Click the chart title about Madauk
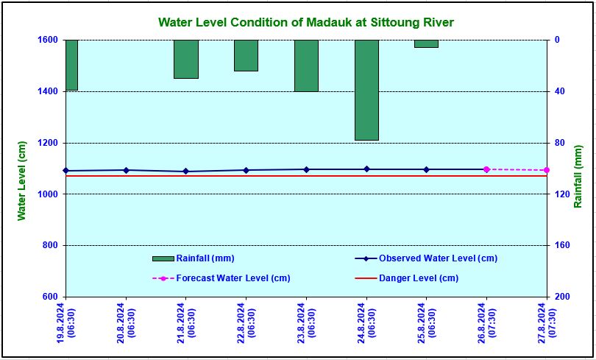tap(306, 22)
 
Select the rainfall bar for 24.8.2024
tap(367, 90)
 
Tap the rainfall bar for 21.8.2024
tap(186, 60)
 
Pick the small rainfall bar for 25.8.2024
tap(426, 43)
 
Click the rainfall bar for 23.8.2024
tap(306, 66)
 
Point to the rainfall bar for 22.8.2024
tap(246, 55)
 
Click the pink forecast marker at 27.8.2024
tap(547, 170)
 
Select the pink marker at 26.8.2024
tap(486, 169)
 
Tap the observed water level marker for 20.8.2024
tap(127, 170)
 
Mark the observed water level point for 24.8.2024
tap(366, 169)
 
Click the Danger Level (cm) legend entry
tap(407, 278)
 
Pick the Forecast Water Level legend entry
tap(221, 278)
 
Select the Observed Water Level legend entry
tap(426, 258)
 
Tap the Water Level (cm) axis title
tap(22, 181)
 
